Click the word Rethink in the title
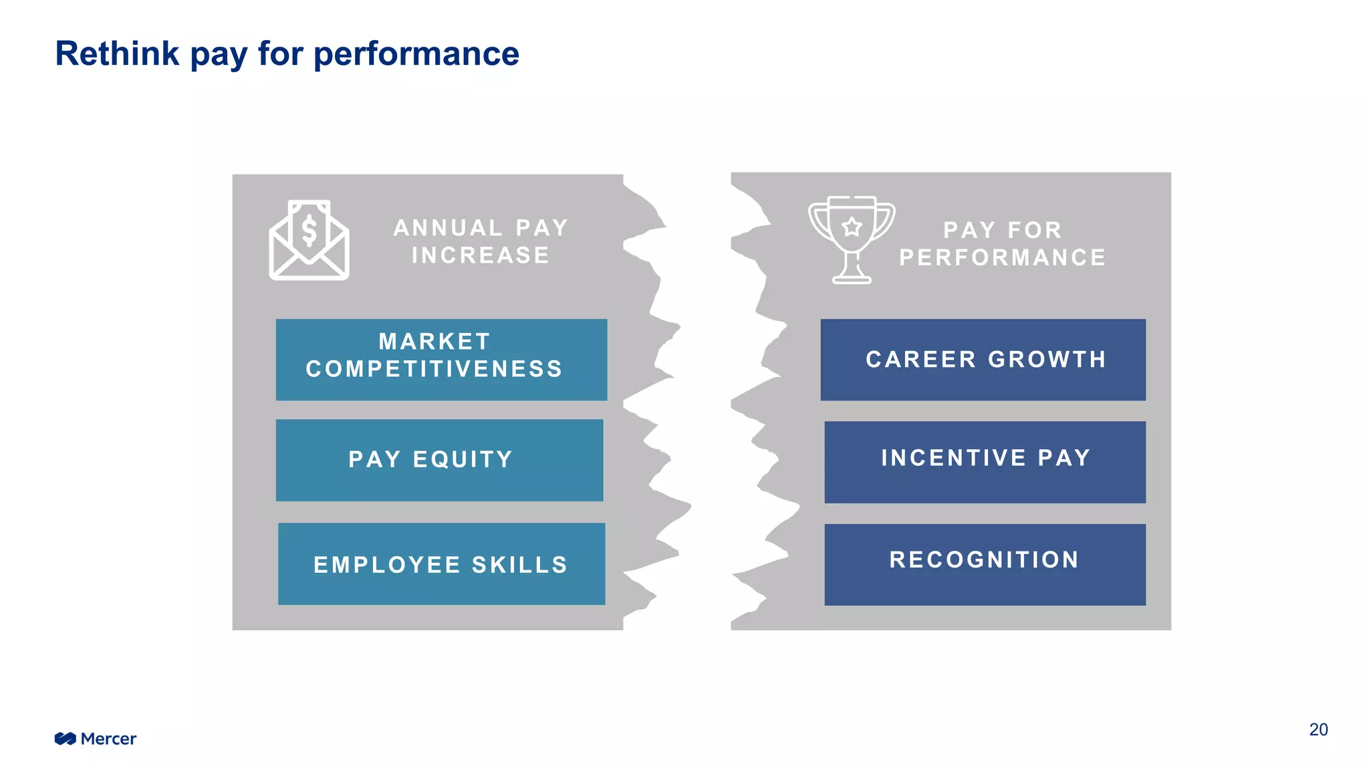coord(117,53)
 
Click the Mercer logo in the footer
coord(96,739)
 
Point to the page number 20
coord(1318,729)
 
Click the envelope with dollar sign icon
coord(309,240)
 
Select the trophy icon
coord(852,240)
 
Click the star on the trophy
coord(852,227)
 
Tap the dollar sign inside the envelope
coord(309,231)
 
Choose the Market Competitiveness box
coord(441,360)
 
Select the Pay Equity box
coord(439,460)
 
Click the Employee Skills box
coord(441,564)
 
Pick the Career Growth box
coord(983,360)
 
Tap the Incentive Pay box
coord(985,462)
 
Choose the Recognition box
coord(985,565)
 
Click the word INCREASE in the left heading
coord(481,255)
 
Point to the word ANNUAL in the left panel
coord(448,228)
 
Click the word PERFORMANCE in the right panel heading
coord(1002,257)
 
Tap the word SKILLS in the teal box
coord(519,565)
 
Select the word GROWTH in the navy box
coord(1047,360)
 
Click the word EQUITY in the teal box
coord(463,460)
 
